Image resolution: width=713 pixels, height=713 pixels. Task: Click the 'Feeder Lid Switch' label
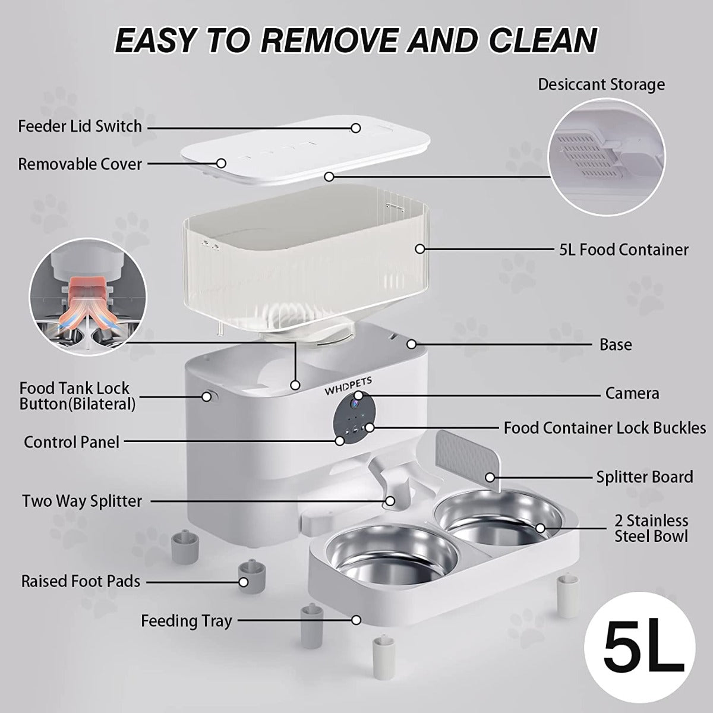point(80,127)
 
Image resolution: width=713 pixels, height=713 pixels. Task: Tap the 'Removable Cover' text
point(80,164)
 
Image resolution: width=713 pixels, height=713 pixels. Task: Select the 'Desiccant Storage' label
point(601,85)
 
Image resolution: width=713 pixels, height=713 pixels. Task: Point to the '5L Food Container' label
point(624,250)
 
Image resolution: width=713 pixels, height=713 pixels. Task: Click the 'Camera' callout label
point(632,393)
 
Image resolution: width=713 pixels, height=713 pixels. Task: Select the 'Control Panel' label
point(71,442)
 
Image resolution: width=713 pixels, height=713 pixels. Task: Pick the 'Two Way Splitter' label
point(82,501)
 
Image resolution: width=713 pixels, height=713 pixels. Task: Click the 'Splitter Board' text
point(645,477)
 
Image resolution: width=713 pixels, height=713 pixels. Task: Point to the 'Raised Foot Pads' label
point(81,581)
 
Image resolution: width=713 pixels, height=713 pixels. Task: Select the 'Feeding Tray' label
point(187,621)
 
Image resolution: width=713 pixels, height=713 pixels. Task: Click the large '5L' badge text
point(644,652)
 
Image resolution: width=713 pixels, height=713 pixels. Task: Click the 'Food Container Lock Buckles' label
point(605,428)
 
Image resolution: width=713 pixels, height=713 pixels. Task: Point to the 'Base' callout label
point(616,345)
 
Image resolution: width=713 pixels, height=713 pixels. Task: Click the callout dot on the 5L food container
point(419,249)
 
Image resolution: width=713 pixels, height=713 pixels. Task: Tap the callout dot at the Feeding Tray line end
point(356,620)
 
